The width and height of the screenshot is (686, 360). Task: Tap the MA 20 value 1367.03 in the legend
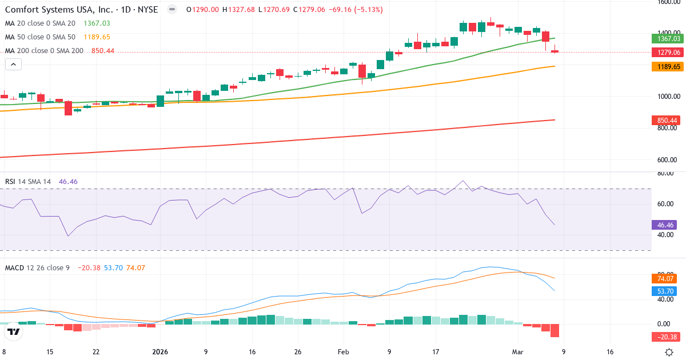(97, 23)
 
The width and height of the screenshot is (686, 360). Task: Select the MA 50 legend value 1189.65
(97, 37)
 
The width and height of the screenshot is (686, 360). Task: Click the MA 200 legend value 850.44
(103, 51)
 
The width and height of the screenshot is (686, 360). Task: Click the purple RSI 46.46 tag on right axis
(666, 225)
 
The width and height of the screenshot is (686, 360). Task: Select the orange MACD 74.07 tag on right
(666, 279)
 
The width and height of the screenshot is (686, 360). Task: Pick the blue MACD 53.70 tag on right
(666, 291)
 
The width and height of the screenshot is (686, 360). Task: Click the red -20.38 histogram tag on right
(666, 337)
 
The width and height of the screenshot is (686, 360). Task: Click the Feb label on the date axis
(342, 352)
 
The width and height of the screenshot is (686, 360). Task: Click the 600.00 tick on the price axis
(668, 160)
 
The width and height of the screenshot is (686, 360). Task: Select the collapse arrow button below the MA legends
(13, 65)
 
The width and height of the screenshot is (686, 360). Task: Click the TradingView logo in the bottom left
(14, 331)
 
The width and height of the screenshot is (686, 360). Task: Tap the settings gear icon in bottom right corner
(669, 352)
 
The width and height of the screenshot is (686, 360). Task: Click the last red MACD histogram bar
(555, 330)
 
